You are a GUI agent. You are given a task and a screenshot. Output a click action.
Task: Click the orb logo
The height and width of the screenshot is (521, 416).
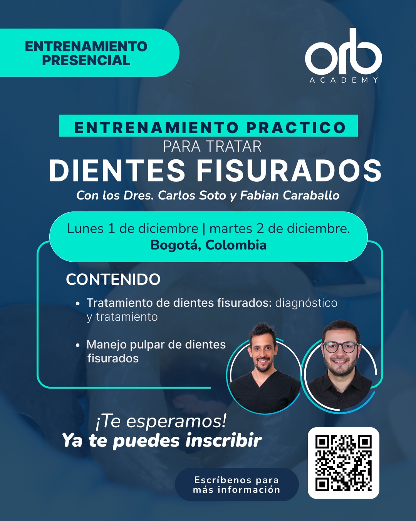(343, 52)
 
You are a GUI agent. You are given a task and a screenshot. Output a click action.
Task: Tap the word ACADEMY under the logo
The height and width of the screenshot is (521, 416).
(344, 80)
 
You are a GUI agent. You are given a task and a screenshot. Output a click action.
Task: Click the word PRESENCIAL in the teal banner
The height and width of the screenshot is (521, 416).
(86, 60)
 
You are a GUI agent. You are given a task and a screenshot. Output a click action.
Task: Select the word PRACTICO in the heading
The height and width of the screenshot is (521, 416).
(296, 127)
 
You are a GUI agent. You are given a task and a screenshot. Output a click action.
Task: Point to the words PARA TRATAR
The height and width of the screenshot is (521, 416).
(212, 147)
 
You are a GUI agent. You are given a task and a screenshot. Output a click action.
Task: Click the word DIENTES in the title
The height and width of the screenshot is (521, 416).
(117, 171)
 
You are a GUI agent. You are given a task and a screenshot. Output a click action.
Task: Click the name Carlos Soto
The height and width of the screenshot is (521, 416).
(192, 195)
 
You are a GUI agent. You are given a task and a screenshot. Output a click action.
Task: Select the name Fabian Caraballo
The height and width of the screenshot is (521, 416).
(290, 195)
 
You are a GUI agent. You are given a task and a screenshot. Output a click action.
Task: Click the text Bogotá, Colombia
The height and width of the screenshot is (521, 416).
(208, 245)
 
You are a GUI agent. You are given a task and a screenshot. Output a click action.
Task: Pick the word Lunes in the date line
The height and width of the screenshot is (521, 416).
(86, 228)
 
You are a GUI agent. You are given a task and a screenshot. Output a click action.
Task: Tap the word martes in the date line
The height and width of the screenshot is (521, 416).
(230, 228)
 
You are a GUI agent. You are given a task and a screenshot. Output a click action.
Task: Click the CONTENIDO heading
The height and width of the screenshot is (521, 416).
(113, 279)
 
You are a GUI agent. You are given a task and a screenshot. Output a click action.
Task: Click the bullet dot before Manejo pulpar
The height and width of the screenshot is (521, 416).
(77, 345)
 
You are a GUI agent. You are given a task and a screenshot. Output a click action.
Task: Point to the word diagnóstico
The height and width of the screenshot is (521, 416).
(306, 303)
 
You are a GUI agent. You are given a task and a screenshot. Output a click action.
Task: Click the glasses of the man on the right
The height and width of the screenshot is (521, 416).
(341, 347)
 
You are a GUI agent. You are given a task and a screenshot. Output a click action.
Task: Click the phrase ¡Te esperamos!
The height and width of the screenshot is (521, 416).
(161, 421)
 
